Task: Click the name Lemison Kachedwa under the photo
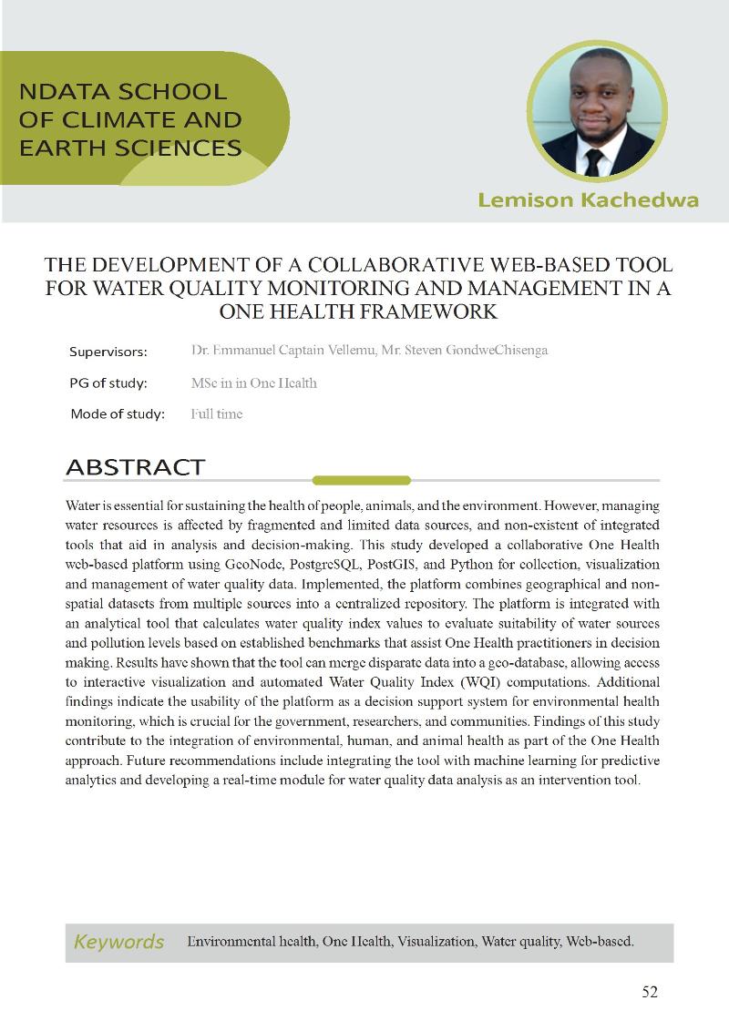tap(588, 199)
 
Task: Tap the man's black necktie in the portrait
tap(594, 162)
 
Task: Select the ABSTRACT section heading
tap(135, 468)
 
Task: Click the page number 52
tap(649, 992)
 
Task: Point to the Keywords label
tap(118, 942)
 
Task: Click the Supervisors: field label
tap(108, 352)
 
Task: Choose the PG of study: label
tap(108, 383)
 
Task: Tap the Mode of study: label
tap(118, 414)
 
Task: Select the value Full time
tap(217, 414)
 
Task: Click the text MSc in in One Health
tap(254, 383)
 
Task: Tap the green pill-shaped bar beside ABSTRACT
tap(362, 480)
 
